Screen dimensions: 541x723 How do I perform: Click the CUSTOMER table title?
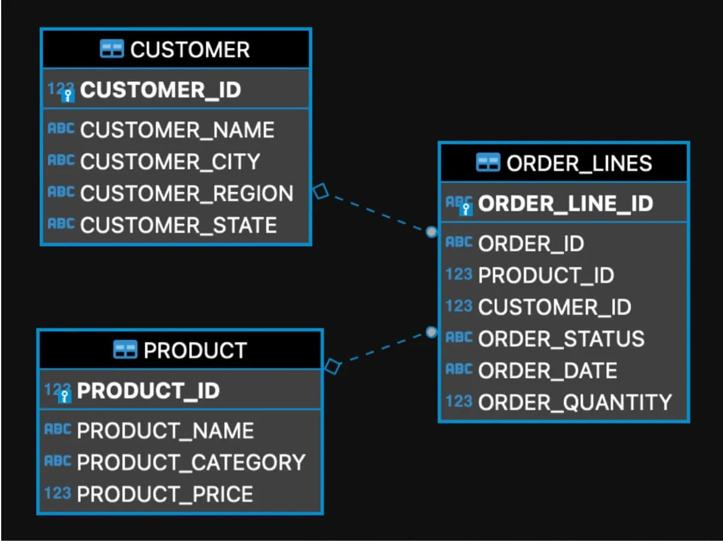(x=189, y=49)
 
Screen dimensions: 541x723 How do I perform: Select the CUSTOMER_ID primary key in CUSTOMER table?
(x=160, y=90)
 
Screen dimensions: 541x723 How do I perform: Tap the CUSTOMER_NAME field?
(x=177, y=130)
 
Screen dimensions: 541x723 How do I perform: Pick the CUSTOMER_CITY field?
(x=170, y=161)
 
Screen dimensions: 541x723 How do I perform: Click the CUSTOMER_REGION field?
(x=186, y=193)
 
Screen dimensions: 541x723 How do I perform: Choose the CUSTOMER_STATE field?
(x=178, y=225)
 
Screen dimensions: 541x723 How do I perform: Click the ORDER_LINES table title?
(x=578, y=163)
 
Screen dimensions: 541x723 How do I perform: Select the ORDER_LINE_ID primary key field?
(x=565, y=204)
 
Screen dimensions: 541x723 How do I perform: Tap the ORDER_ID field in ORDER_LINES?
(x=531, y=243)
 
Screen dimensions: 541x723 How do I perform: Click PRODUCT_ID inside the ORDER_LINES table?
(x=545, y=275)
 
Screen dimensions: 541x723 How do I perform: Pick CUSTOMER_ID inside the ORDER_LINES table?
(x=554, y=307)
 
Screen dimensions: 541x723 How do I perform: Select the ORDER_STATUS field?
(x=561, y=339)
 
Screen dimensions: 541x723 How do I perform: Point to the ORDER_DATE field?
(x=547, y=371)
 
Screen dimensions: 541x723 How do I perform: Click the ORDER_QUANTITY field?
(x=574, y=402)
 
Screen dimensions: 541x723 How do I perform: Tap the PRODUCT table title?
(x=195, y=351)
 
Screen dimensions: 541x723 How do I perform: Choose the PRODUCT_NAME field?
(x=165, y=431)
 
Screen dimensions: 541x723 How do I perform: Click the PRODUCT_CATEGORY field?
(x=191, y=462)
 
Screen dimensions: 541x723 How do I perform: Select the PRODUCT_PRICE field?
(x=164, y=494)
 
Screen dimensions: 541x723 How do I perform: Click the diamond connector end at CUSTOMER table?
(x=321, y=192)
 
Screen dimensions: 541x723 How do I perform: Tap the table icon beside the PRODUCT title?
(x=125, y=350)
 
